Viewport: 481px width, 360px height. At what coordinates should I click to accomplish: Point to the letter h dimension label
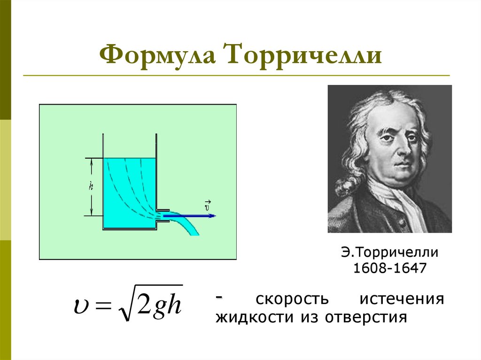[x=92, y=186]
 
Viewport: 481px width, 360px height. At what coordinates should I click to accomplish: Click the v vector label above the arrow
[x=207, y=205]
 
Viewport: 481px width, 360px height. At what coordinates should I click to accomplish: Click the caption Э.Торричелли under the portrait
[x=389, y=253]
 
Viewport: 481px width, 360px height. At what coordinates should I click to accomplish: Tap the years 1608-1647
[x=389, y=269]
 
